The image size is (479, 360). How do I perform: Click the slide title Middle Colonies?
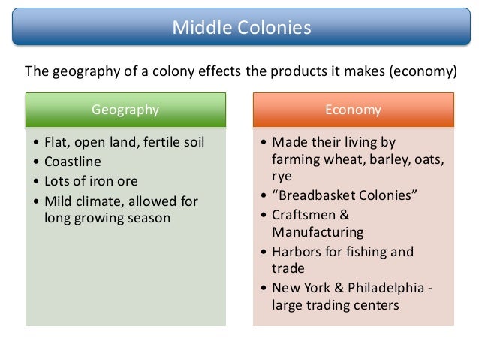241,29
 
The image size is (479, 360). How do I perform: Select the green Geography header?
125,110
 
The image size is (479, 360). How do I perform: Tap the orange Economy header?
353,110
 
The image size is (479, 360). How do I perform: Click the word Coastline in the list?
73,162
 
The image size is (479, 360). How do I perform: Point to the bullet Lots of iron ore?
91,181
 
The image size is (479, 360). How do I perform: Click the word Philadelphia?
387,288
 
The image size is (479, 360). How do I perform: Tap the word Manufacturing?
318,233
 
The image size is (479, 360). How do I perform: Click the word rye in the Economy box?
282,177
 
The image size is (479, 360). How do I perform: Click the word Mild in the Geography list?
59,201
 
